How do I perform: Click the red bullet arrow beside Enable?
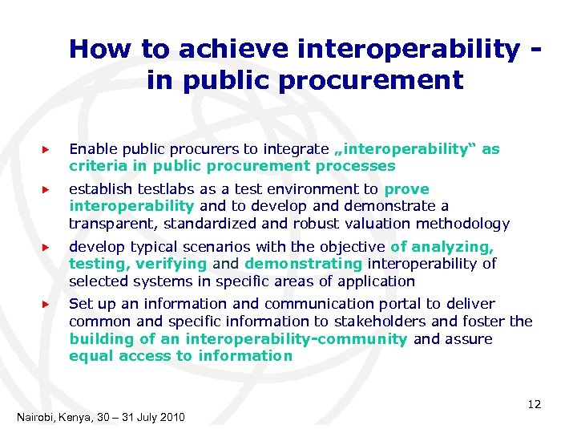46,149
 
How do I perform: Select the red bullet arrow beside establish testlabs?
46,190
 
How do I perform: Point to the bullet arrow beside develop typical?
46,248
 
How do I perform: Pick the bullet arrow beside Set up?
46,304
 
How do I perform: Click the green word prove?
407,189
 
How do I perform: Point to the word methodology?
466,224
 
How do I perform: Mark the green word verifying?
171,264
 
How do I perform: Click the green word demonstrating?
303,264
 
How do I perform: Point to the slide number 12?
534,404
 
